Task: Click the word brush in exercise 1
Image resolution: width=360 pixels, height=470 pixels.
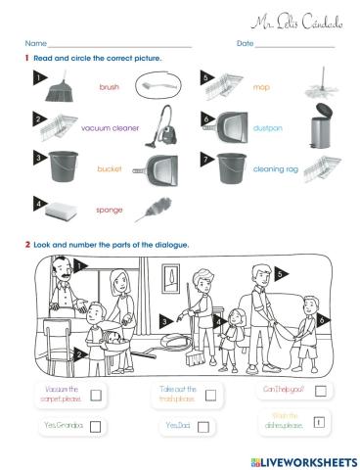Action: coord(110,87)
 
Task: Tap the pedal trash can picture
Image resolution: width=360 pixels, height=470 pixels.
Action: coord(320,129)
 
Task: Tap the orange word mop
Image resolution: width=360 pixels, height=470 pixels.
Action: coord(261,87)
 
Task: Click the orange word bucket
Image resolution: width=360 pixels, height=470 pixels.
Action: coord(109,168)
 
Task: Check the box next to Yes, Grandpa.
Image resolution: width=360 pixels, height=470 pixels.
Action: coord(97,426)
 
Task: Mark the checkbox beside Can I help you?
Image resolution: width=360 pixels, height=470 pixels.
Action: coord(320,391)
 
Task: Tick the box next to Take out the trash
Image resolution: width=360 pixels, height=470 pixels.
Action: coord(208,395)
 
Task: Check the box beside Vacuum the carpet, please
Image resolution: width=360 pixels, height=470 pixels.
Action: coord(96,395)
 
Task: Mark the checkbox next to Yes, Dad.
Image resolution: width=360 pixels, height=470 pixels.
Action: coord(208,426)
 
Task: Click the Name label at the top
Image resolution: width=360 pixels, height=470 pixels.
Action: coord(35,44)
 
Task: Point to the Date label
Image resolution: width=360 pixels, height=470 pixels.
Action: coord(245,44)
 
